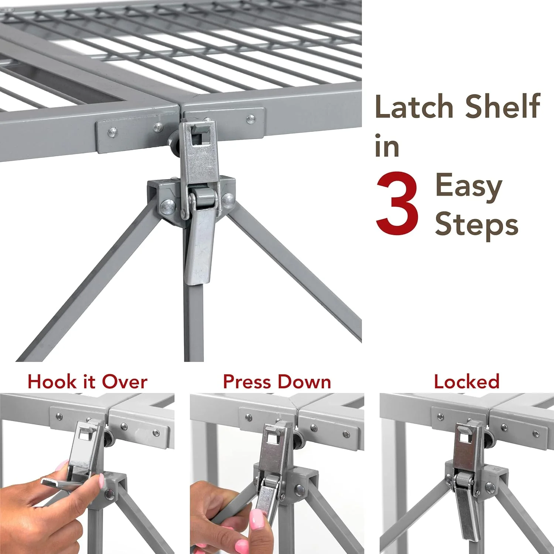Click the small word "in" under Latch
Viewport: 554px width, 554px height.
387,146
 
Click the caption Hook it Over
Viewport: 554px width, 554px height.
88,382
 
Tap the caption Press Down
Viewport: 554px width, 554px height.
277,382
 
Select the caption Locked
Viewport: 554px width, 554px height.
466,382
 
